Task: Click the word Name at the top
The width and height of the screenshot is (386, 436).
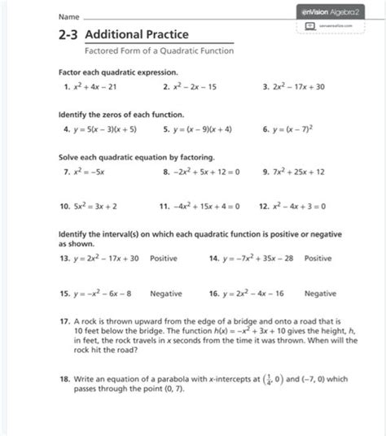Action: click(68, 16)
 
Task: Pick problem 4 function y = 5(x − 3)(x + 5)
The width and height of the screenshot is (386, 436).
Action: click(104, 129)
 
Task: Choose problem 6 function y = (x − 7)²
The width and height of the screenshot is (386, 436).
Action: click(301, 129)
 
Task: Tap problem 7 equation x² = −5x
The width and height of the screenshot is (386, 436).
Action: click(86, 171)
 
